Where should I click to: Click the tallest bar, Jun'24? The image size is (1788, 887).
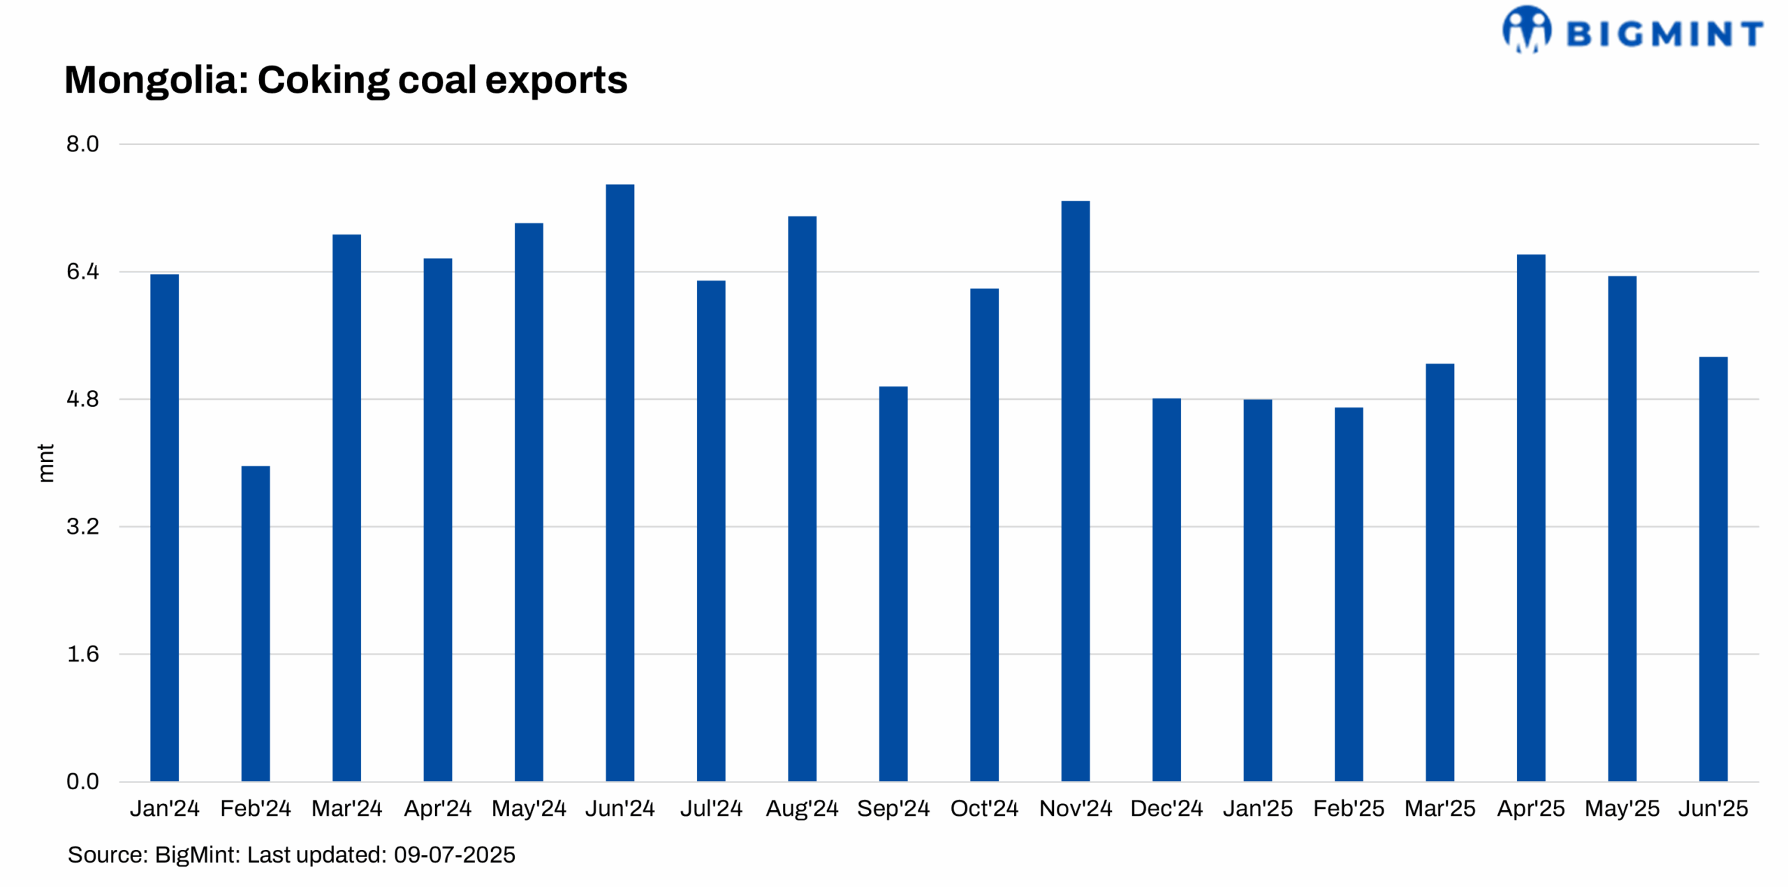tap(620, 482)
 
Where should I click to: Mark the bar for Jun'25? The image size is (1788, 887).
tap(1713, 568)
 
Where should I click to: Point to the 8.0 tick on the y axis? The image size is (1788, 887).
tap(82, 144)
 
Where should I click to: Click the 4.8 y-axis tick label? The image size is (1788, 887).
tap(82, 398)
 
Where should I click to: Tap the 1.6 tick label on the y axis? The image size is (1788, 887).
tap(82, 653)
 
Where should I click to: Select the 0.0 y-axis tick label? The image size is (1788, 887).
tap(82, 781)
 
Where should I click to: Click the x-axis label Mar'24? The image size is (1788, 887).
tap(346, 808)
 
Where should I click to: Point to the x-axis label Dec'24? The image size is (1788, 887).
tap(1166, 808)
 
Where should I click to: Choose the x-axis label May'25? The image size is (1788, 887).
tap(1622, 808)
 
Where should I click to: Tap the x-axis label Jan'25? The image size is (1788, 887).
tap(1257, 808)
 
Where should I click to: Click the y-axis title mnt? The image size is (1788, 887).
tap(45, 462)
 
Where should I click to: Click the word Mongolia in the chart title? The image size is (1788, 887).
tap(156, 80)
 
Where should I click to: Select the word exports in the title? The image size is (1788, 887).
tap(556, 80)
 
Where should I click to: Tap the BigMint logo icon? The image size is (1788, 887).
tap(1527, 29)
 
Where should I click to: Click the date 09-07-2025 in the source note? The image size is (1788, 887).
tap(454, 854)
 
